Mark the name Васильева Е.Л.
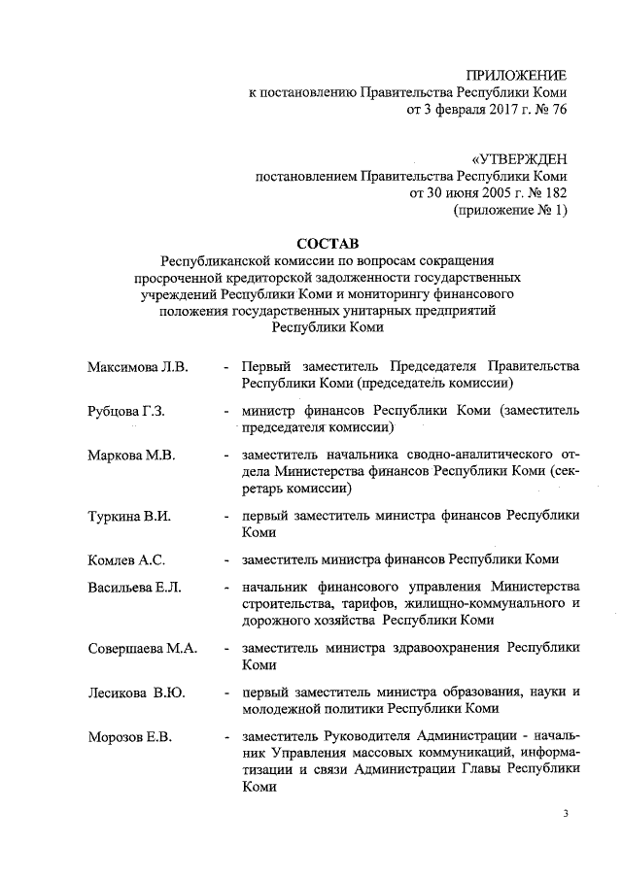[x=135, y=586]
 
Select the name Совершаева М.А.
[x=142, y=648]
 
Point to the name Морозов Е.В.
[x=129, y=737]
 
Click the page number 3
[x=565, y=813]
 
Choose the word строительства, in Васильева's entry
[x=287, y=603]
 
